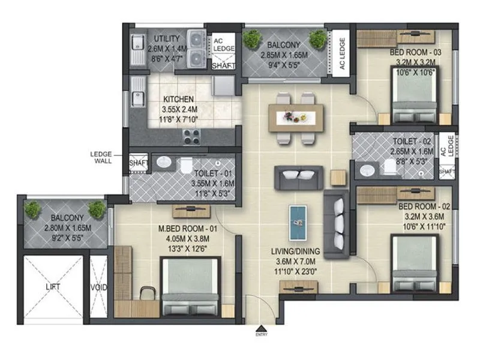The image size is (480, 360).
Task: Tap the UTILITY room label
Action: pyautogui.click(x=163, y=38)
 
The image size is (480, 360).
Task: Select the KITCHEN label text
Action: pyautogui.click(x=178, y=99)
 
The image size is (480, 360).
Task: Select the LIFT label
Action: pyautogui.click(x=53, y=287)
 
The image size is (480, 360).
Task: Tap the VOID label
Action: pyautogui.click(x=98, y=287)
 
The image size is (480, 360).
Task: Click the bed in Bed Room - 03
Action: pyautogui.click(x=414, y=100)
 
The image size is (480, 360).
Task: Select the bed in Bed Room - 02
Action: pyautogui.click(x=415, y=265)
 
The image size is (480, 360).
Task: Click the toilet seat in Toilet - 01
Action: pyautogui.click(x=186, y=164)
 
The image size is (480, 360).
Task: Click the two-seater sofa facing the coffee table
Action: pyautogui.click(x=298, y=177)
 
